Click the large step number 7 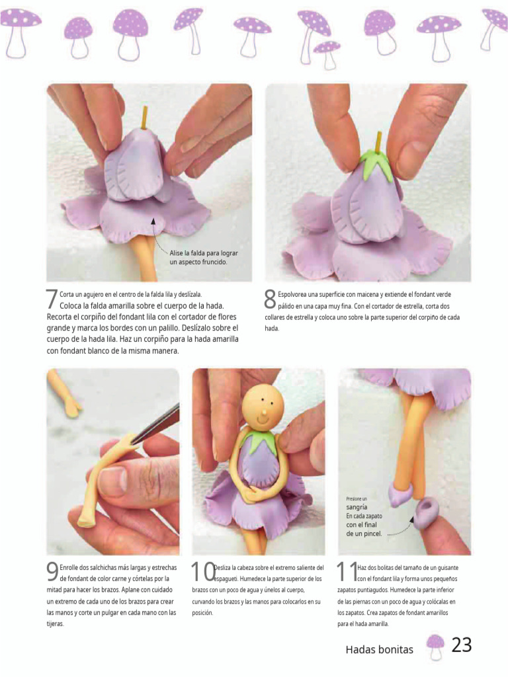[x=52, y=299]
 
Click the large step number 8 [x=270, y=299]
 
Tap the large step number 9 [x=52, y=572]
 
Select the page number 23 [x=462, y=645]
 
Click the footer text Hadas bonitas [x=379, y=650]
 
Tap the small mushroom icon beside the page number [x=435, y=647]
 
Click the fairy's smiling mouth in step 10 [x=262, y=418]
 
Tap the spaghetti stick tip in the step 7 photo [x=146, y=108]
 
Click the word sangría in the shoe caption [x=357, y=507]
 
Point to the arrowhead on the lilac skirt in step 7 [x=153, y=221]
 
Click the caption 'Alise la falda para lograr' [x=204, y=253]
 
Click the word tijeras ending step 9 [x=56, y=624]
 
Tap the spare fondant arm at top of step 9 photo [x=63, y=393]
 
